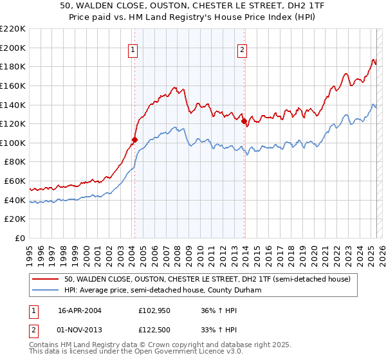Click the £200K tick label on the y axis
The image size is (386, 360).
click(13, 48)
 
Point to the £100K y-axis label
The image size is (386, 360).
click(13, 143)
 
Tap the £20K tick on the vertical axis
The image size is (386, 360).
click(15, 219)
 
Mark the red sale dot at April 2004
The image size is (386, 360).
click(135, 139)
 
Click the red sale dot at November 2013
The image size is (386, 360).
click(244, 120)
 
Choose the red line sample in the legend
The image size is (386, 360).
click(46, 279)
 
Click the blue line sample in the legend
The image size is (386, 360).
click(46, 290)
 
